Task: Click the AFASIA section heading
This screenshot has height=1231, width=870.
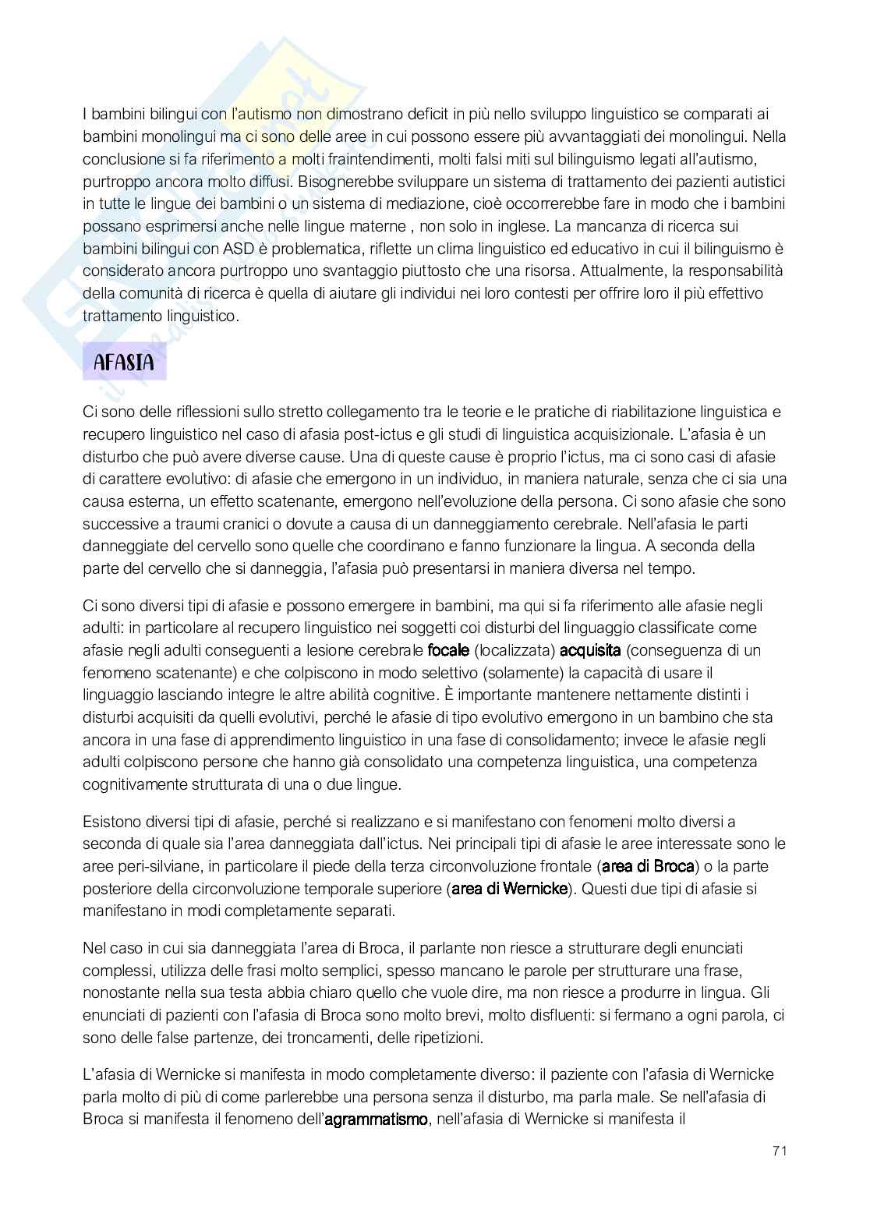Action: pos(124,363)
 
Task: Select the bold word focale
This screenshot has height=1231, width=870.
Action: pos(449,650)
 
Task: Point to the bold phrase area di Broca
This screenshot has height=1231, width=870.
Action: pos(648,866)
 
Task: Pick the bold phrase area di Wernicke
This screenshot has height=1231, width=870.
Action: pos(510,888)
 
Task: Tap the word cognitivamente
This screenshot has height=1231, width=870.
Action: pos(136,784)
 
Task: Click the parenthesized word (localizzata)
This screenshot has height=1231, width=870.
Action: pos(515,650)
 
